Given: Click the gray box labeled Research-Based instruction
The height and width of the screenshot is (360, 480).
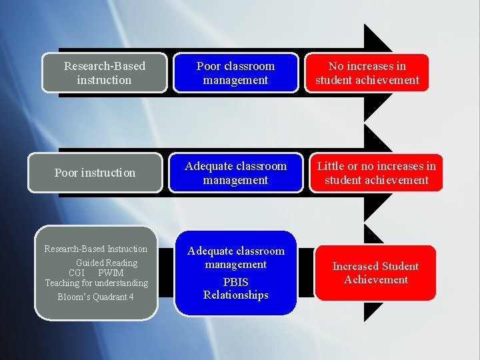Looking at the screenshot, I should pos(104,73).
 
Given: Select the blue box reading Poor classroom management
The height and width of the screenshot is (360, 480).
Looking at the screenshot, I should pos(235,73).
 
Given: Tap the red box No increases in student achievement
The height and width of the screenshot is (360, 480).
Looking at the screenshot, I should pos(367,73).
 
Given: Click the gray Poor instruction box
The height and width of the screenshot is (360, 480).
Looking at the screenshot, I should pos(95,173).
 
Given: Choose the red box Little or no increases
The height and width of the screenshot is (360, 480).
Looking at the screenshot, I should pos(376,173).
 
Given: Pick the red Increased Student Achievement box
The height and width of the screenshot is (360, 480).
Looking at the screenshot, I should pos(375,273).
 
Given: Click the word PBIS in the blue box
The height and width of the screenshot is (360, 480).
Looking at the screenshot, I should pos(236,282).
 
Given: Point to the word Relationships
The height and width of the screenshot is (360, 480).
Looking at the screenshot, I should pos(236,295).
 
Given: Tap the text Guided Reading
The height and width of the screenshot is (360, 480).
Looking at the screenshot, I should pos(107,263).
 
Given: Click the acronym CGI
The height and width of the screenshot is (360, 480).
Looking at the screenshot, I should pos(77,273).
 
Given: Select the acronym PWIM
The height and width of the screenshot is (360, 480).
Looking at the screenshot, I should pos(111,273).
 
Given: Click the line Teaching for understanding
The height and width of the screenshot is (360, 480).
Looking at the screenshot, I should pos(97,283).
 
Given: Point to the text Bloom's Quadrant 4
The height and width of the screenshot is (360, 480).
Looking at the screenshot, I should pos(95,297).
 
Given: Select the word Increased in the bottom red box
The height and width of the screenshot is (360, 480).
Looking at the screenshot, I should pos(355,266).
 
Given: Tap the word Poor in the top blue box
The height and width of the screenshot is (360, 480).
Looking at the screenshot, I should pos(209,66).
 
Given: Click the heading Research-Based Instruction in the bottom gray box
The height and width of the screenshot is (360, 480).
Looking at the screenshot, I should pos(96,249).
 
